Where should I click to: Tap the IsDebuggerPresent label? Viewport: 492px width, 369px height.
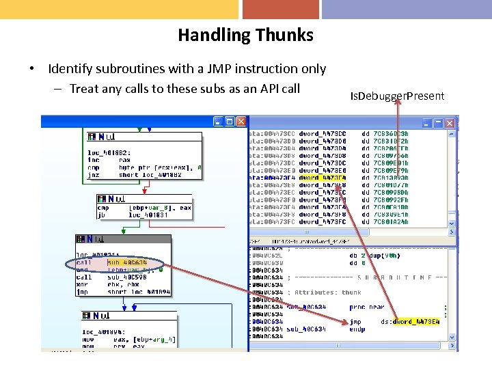coord(397,96)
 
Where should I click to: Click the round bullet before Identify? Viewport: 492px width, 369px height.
coord(31,69)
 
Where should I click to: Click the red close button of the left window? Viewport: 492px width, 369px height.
coord(241,122)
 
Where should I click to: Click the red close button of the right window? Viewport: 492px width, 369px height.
coord(450,123)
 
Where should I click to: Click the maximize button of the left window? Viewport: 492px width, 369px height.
coord(230,122)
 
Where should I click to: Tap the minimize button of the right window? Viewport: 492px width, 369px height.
coord(427,123)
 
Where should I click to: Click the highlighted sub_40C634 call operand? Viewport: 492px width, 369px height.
coord(127,262)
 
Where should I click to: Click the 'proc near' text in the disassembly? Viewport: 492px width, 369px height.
coord(367,307)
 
